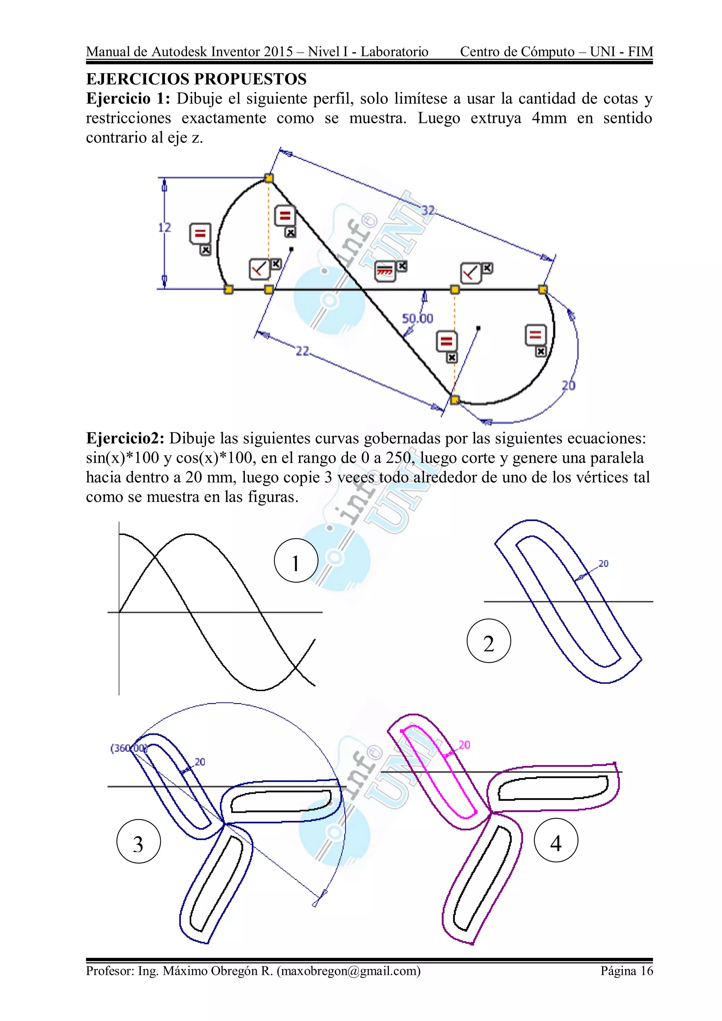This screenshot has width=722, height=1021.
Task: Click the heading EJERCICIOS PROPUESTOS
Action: click(x=196, y=79)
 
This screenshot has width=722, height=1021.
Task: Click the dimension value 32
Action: click(x=428, y=210)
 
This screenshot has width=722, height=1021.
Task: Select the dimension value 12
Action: click(x=164, y=228)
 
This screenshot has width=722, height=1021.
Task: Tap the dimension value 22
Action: click(x=302, y=351)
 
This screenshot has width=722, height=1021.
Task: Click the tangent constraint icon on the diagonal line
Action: click(x=385, y=271)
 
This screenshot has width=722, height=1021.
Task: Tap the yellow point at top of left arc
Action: click(x=269, y=178)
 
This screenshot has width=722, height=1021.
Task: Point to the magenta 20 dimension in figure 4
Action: click(x=464, y=744)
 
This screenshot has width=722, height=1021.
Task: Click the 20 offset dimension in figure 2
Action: click(x=603, y=564)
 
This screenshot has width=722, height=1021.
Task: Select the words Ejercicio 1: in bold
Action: click(x=128, y=99)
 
